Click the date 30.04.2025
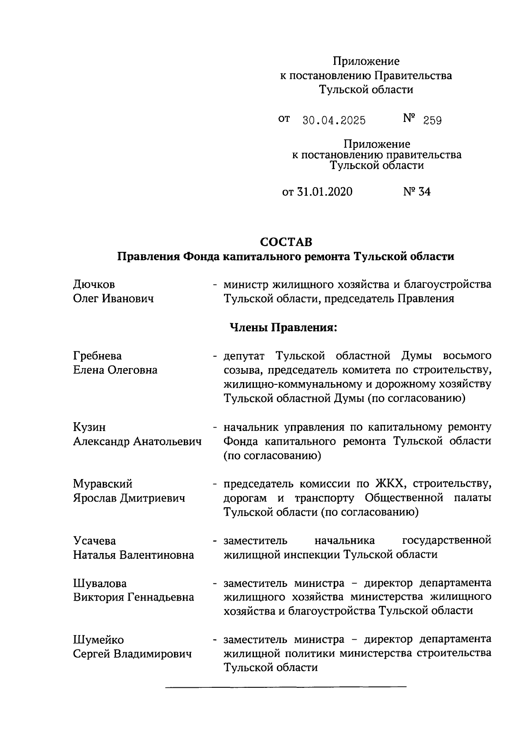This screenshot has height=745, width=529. [334, 121]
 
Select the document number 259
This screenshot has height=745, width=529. [432, 121]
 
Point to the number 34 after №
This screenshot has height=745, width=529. [424, 192]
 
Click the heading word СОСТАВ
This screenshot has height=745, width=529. [286, 242]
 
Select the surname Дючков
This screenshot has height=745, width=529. [94, 285]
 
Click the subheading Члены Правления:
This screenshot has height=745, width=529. [283, 328]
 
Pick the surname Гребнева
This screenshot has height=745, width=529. [97, 356]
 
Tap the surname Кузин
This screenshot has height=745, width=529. [89, 427]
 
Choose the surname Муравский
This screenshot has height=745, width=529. [103, 484]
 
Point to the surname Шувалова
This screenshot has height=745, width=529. [100, 583]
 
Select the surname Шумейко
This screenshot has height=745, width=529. [98, 640]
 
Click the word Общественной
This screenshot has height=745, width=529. [404, 498]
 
